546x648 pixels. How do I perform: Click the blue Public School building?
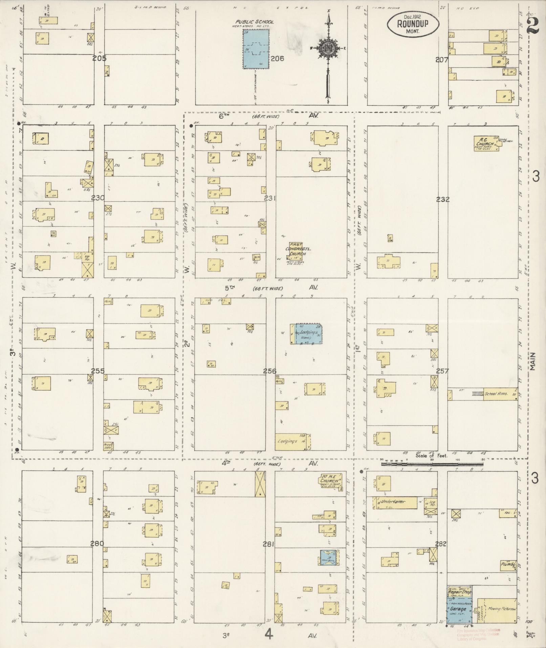[256, 49]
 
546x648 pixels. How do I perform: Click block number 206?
[277, 59]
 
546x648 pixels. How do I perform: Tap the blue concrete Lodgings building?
[308, 334]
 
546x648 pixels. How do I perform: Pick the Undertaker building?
[395, 502]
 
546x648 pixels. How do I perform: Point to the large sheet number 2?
[533, 25]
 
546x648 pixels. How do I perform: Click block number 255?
[98, 371]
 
